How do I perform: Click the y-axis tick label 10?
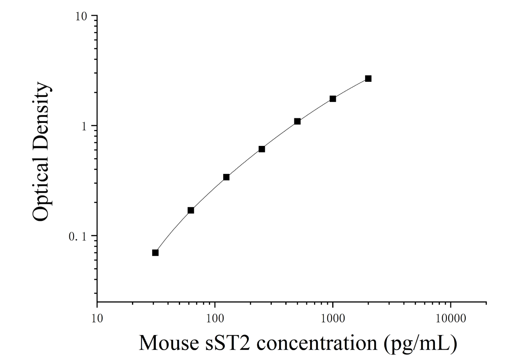pos(82,16)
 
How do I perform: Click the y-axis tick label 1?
pos(85,126)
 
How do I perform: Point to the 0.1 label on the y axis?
pos(78,237)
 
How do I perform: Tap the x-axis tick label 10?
pos(97,318)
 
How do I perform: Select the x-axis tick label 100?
pos(215,318)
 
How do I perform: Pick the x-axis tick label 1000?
pos(333,318)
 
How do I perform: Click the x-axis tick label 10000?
pos(451,318)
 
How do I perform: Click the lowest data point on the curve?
pos(155,253)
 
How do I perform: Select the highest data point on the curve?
pos(368,78)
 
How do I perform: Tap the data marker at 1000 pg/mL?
pos(333,99)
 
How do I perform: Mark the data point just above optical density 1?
pos(297,121)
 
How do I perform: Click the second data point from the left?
pos(191,210)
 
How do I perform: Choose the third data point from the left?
pos(226,177)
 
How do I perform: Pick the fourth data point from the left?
pos(262,149)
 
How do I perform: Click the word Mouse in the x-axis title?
pos(169,343)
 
